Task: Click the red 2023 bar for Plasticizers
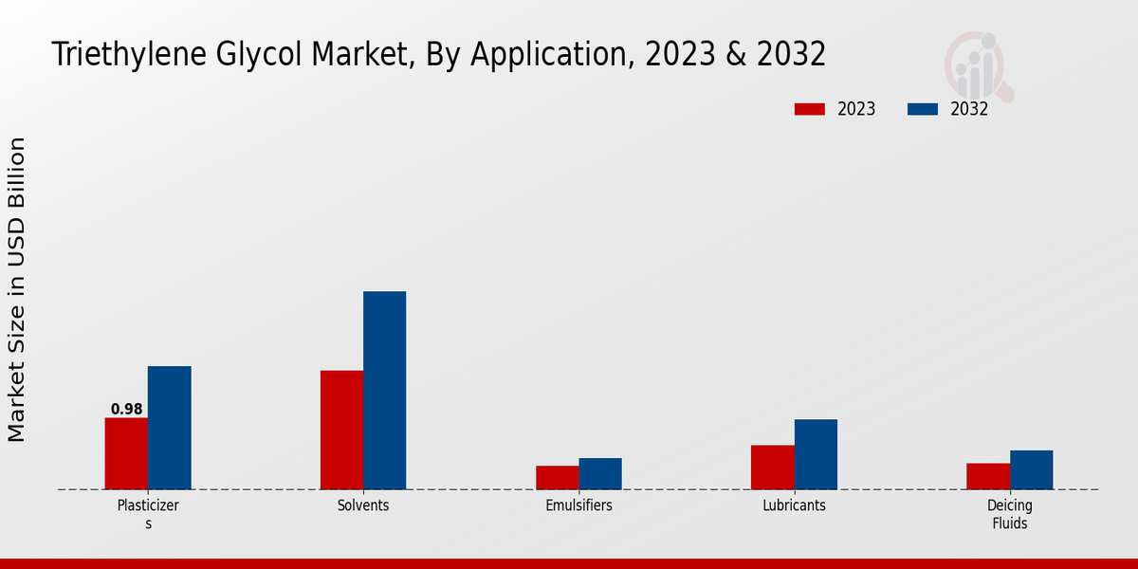[126, 453]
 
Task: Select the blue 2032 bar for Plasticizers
[169, 428]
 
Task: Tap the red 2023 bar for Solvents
[341, 430]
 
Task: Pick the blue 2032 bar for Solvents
[384, 390]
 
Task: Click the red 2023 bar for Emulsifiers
[557, 477]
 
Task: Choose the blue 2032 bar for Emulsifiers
[600, 473]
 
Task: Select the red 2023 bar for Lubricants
[772, 467]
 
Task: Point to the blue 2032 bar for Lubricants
[816, 454]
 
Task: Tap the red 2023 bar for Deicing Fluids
[987, 476]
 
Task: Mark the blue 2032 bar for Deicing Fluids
[1031, 469]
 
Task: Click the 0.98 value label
[126, 410]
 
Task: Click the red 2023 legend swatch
[810, 109]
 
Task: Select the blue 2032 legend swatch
[923, 109]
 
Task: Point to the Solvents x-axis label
[363, 505]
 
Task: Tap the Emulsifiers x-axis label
[578, 505]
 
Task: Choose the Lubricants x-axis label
[794, 505]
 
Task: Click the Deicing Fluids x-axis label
[1009, 514]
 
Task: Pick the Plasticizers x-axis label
[148, 514]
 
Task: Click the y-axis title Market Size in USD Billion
[17, 289]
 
